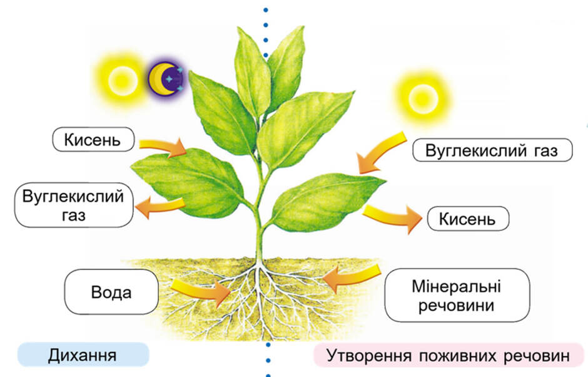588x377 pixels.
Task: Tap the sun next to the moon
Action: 122,80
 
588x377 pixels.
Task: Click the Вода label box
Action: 111,292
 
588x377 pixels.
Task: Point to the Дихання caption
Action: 83,355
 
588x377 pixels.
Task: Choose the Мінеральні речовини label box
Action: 457,295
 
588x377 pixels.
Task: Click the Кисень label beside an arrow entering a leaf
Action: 93,139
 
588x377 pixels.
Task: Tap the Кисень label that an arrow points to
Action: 468,219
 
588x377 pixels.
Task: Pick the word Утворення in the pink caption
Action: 368,355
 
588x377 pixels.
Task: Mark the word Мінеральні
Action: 457,286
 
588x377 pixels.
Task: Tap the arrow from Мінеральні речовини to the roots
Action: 351,277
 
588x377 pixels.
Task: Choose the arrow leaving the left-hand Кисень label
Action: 163,147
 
